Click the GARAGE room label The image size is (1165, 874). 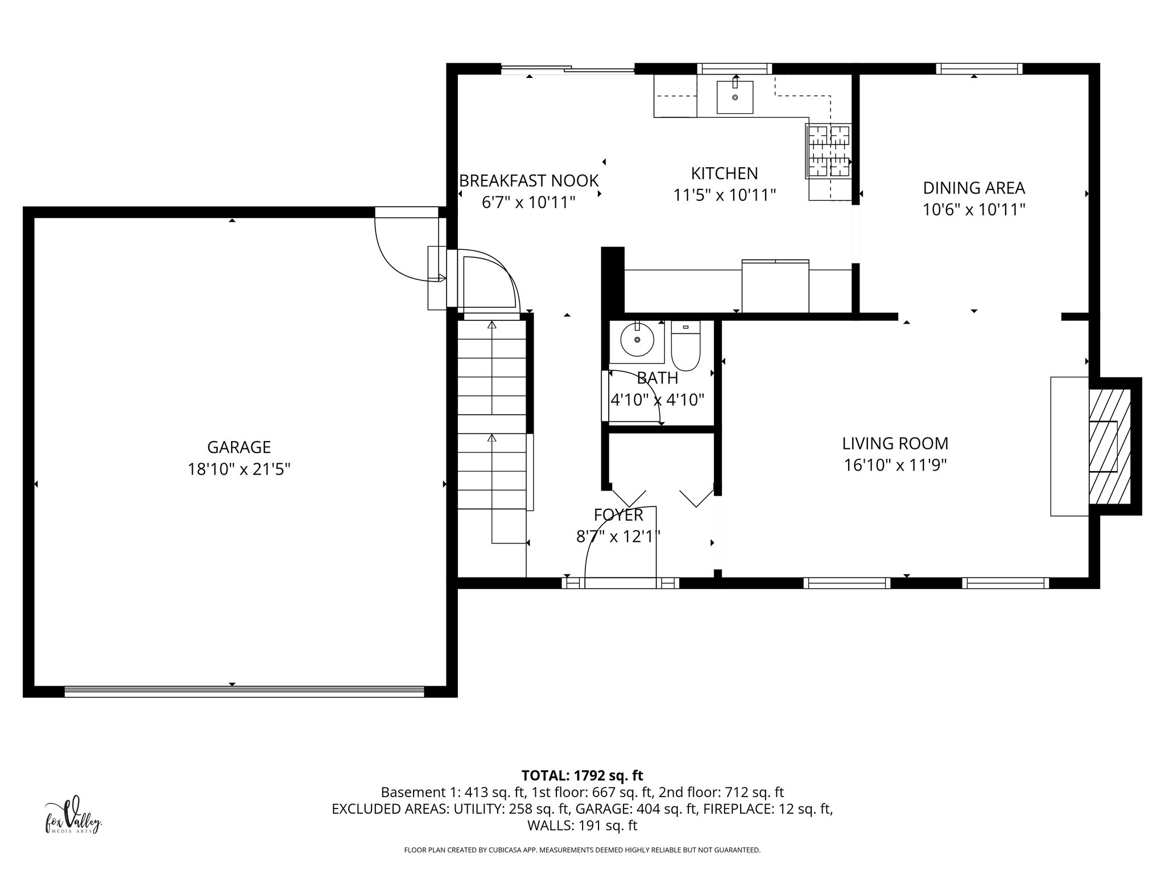238,447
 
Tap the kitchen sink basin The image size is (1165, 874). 734,97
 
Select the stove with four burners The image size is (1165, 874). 829,152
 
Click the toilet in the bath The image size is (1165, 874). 686,347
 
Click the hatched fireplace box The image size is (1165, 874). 1109,447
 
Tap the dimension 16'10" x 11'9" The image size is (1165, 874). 895,465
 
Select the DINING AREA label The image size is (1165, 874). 974,188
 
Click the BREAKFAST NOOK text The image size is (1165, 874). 528,181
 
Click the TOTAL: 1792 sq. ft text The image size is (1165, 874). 582,775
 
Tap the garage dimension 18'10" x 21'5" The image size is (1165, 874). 239,469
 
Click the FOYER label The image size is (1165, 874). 618,515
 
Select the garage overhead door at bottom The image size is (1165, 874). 244,691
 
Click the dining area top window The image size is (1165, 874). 978,69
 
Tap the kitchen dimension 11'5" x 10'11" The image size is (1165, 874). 724,196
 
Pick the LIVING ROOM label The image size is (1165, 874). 895,443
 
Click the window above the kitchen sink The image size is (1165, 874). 734,69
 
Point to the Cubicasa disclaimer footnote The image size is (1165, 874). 582,850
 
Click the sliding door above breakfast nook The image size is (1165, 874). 567,69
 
